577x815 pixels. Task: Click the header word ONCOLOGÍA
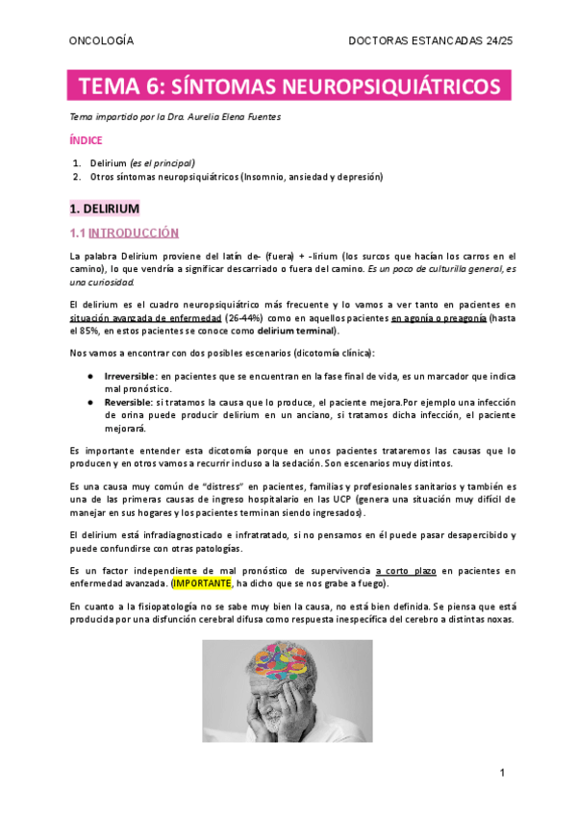click(x=101, y=41)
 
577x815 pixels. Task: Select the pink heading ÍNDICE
click(x=87, y=140)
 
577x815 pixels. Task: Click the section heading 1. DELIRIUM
click(x=106, y=209)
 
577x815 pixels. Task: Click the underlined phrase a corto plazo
click(x=406, y=570)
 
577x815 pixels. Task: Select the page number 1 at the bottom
click(x=501, y=773)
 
